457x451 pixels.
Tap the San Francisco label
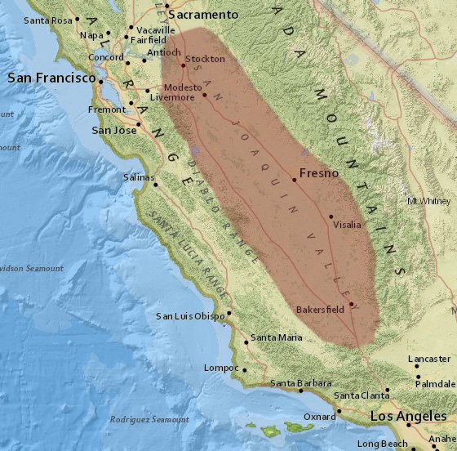click(51, 78)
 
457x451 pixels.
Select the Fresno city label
click(319, 173)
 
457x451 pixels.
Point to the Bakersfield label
click(321, 310)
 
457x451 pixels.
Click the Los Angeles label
click(410, 416)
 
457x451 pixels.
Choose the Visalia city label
click(348, 225)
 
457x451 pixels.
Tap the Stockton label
click(205, 59)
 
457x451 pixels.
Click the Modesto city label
click(182, 87)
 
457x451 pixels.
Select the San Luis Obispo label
click(190, 316)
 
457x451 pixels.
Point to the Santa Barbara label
click(301, 382)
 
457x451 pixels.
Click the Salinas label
click(138, 177)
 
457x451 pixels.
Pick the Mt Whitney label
click(429, 201)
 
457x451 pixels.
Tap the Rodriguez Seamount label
click(149, 419)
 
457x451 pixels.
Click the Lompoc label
click(221, 368)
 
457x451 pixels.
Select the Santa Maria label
click(276, 337)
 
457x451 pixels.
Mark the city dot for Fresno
click(294, 179)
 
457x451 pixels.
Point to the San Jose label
click(113, 130)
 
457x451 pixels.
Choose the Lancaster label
click(430, 359)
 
